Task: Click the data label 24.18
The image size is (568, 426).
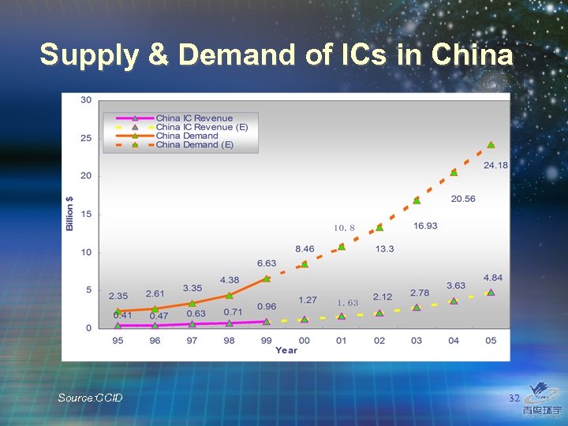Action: click(495, 165)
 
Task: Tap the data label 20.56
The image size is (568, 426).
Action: click(463, 199)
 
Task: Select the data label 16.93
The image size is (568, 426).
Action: click(425, 226)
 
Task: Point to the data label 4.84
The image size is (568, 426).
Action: click(492, 278)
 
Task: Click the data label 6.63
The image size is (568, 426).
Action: click(267, 263)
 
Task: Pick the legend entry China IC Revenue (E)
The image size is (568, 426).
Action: click(201, 127)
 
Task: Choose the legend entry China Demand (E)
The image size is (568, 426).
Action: click(194, 145)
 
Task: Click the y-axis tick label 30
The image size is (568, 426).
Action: click(85, 99)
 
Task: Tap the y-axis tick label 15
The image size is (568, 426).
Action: click(85, 214)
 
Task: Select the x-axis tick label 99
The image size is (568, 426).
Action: click(267, 340)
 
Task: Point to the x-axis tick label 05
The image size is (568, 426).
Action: click(491, 340)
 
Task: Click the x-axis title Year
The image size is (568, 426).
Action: click(286, 350)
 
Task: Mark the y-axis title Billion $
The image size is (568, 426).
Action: click(70, 213)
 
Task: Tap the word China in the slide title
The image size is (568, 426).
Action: click(471, 54)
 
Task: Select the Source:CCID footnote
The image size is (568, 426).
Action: click(90, 398)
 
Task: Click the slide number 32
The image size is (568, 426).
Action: click(514, 398)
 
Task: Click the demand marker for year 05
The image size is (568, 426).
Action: click(491, 145)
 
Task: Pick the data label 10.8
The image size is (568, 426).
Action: click(344, 228)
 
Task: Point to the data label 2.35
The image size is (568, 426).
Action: click(118, 296)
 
